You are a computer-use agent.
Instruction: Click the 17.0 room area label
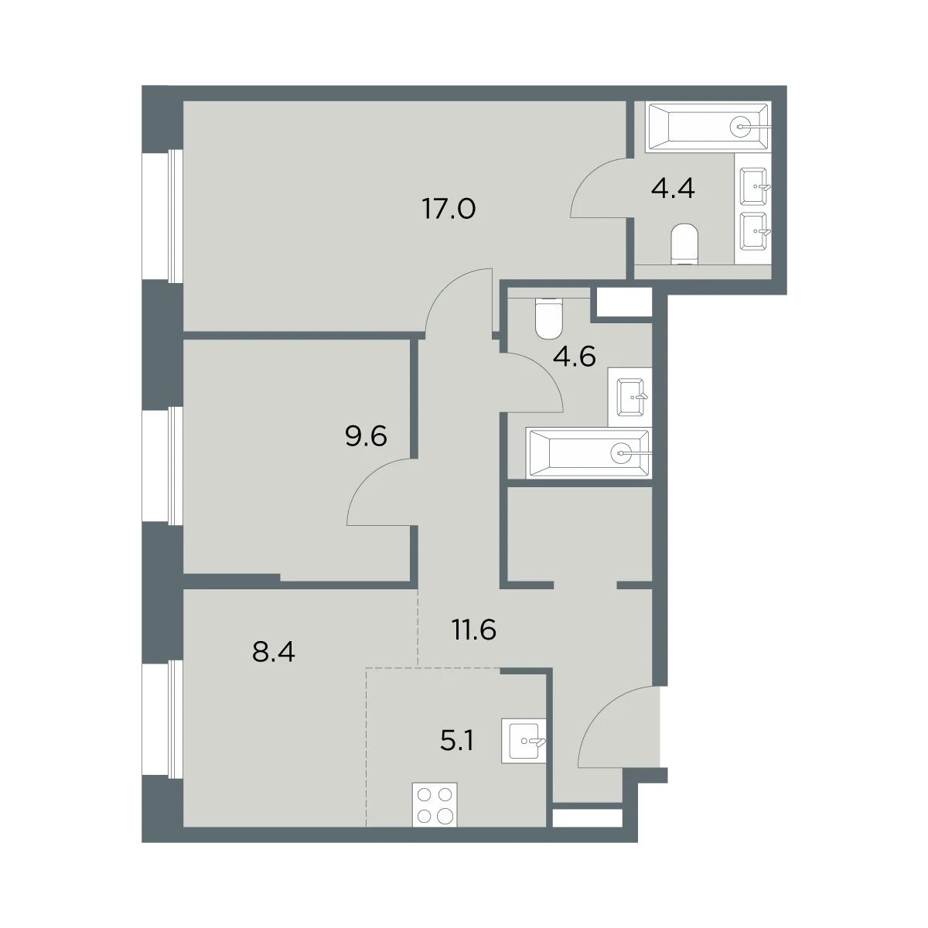(x=449, y=210)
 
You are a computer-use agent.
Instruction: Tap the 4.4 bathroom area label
(x=672, y=188)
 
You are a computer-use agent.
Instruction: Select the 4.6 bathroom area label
(x=575, y=357)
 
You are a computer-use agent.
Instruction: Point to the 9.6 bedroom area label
(x=366, y=436)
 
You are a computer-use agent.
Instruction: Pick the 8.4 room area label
(x=274, y=653)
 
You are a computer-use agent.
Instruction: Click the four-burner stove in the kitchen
(x=435, y=805)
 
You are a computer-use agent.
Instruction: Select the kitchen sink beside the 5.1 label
(x=524, y=741)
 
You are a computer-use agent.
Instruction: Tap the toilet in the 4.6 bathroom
(x=548, y=319)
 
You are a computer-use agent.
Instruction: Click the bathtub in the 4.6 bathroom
(x=589, y=452)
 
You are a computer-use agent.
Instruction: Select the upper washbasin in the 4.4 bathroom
(x=754, y=186)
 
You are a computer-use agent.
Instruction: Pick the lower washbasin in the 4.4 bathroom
(x=754, y=231)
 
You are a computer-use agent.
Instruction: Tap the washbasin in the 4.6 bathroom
(x=631, y=397)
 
